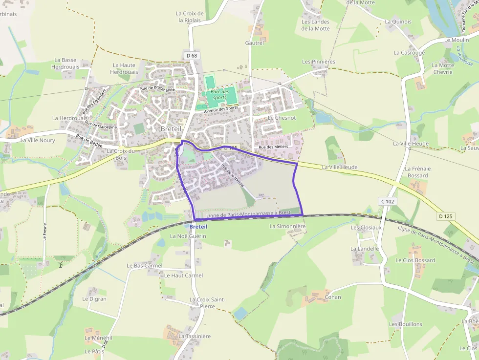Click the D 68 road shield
[x=192, y=56]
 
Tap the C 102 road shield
[x=388, y=201]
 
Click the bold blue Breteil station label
[x=198, y=227]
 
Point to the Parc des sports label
[x=220, y=95]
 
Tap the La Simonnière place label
[x=287, y=227]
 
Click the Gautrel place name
[x=255, y=43]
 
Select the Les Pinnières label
[x=319, y=62]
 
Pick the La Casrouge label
[x=409, y=53]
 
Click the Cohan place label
[x=333, y=297]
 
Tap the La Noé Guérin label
[x=188, y=236]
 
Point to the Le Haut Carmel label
[x=183, y=275]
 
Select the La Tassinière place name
[x=195, y=337]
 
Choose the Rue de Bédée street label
[x=89, y=141]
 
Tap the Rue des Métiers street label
[x=273, y=147]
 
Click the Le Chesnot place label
[x=282, y=118]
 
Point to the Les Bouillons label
[x=405, y=324]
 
